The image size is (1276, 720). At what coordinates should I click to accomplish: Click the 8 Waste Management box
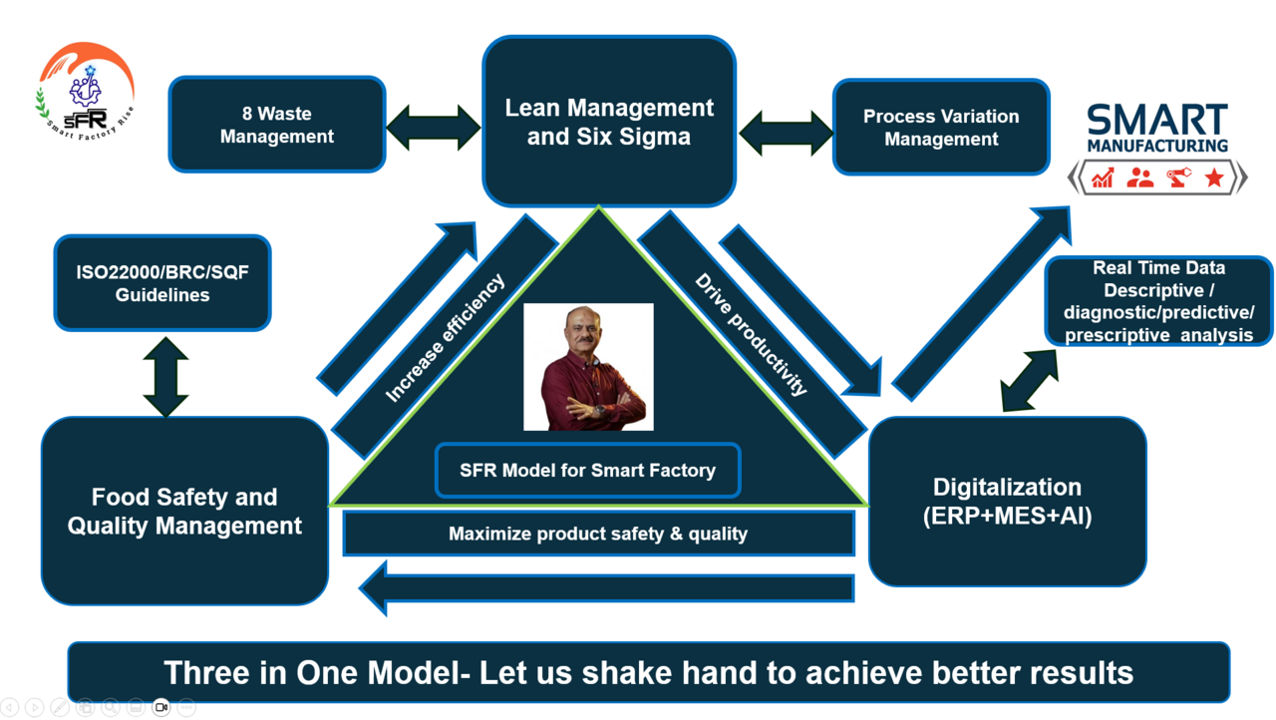click(277, 125)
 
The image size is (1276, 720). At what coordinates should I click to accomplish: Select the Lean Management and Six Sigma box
click(609, 122)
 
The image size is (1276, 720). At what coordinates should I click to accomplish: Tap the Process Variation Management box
click(941, 128)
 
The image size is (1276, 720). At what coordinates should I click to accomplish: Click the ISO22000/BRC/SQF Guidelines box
click(162, 283)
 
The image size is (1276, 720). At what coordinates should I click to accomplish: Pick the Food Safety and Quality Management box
click(184, 511)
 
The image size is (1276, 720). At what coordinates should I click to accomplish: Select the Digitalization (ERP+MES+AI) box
click(1007, 502)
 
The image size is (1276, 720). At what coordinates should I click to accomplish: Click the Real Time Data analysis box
click(1158, 301)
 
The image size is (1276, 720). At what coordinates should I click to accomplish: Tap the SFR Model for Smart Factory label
click(587, 470)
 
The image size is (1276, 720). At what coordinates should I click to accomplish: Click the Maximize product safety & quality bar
click(598, 534)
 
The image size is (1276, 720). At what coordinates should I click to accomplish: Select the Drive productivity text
click(751, 335)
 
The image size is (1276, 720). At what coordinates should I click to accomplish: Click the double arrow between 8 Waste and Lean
click(434, 128)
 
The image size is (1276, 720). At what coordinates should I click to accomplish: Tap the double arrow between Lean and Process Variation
click(785, 133)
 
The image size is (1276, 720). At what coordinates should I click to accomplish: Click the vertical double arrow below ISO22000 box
click(165, 376)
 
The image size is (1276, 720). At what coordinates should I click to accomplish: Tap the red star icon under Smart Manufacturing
click(1213, 179)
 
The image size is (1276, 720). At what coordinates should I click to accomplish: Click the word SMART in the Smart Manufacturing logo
click(1156, 120)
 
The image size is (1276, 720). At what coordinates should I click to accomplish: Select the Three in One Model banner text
click(648, 672)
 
